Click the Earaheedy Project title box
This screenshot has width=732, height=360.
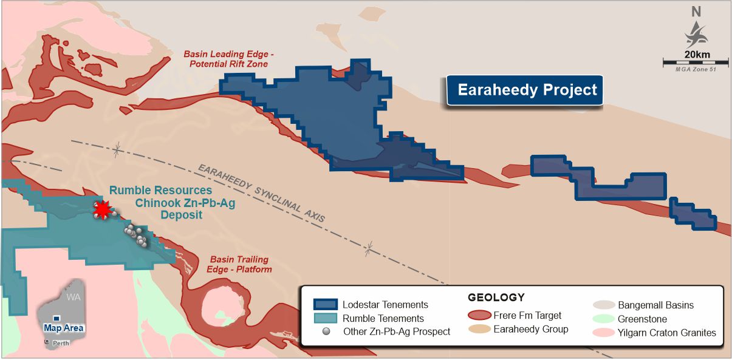526,90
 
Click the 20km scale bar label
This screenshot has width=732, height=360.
696,55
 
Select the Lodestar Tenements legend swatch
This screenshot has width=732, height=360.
325,304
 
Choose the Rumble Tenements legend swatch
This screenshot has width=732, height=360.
325,318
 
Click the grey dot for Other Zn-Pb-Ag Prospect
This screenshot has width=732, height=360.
327,331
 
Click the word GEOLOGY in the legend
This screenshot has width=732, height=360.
496,298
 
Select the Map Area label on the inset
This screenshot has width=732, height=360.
64,328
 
